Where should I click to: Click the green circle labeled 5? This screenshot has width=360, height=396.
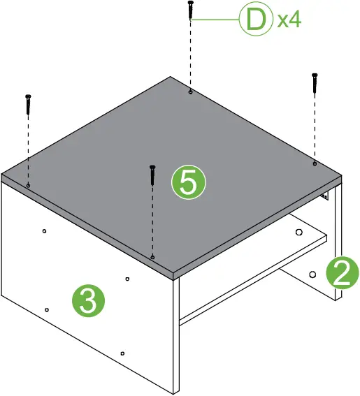point(189,183)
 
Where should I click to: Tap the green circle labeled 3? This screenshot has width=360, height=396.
point(88,301)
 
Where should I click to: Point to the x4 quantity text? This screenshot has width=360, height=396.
point(289,20)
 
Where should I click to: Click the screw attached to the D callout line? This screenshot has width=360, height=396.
point(190,11)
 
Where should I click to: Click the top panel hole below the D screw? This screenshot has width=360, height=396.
point(190,91)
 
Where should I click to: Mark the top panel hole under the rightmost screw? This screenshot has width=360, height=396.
point(315,163)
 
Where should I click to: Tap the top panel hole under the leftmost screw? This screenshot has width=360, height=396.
point(28,185)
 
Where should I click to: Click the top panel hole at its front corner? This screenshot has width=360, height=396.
point(152,257)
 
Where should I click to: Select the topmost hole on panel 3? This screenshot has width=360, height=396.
point(44,230)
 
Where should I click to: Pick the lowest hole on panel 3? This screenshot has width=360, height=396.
point(122,355)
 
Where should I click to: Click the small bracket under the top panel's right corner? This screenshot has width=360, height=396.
point(325,197)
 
